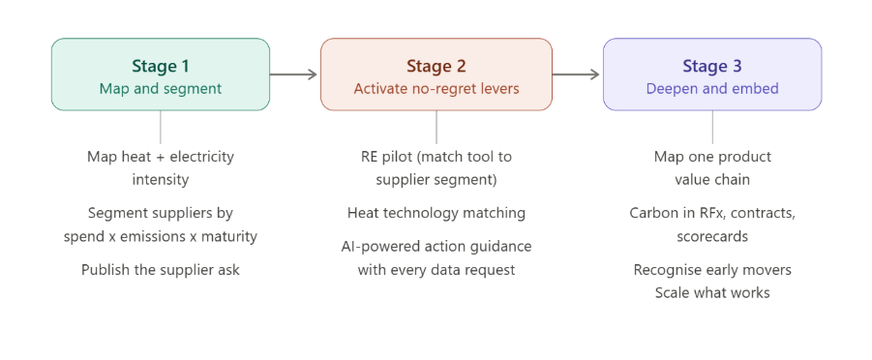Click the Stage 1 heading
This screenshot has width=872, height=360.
(160, 66)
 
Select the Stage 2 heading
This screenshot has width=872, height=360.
(436, 66)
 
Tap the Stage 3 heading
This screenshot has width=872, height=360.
(712, 66)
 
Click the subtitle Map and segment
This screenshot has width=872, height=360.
(160, 88)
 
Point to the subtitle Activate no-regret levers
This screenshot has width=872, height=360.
(436, 88)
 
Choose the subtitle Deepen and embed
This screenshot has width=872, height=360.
(712, 88)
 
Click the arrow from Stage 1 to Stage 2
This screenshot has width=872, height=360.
(294, 74)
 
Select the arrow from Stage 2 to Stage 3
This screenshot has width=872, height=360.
(577, 74)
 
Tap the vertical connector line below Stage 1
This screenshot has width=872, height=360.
(160, 127)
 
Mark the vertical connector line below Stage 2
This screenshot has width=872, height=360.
(436, 127)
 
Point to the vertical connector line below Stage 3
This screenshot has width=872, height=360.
(713, 127)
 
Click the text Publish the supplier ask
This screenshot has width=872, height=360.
(161, 270)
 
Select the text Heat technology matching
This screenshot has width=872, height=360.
(436, 212)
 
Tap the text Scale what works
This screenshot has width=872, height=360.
(712, 291)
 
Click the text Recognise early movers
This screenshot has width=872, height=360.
(712, 270)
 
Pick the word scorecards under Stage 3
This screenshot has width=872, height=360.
(712, 234)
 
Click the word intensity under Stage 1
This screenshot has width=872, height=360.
(161, 179)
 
